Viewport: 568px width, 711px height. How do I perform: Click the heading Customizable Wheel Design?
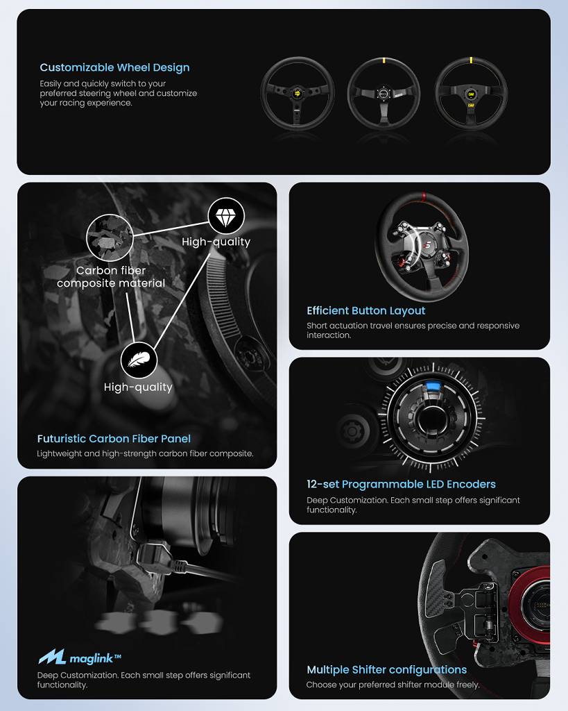click(114, 67)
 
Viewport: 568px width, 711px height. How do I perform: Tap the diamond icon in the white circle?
click(226, 217)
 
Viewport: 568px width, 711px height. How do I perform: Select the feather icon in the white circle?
click(139, 360)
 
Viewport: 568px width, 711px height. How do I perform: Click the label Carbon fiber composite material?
click(111, 276)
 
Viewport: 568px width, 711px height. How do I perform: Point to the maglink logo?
click(80, 657)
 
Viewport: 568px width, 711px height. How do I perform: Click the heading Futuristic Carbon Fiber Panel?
click(114, 439)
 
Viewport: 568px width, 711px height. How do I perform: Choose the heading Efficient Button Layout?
click(366, 310)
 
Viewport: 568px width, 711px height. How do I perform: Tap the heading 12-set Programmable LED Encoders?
click(401, 484)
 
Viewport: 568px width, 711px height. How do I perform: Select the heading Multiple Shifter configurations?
click(387, 670)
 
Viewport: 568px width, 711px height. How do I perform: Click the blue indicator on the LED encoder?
click(433, 387)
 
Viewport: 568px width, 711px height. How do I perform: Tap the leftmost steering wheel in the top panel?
click(298, 94)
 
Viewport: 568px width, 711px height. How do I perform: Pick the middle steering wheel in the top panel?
click(384, 94)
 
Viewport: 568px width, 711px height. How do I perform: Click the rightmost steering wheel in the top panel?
click(471, 94)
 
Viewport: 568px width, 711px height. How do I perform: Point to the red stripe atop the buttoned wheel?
click(424, 196)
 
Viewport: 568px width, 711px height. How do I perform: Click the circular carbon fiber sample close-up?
click(110, 237)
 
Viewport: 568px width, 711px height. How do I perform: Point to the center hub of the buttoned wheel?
click(427, 245)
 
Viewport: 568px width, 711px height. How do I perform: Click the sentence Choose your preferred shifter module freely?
click(393, 684)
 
